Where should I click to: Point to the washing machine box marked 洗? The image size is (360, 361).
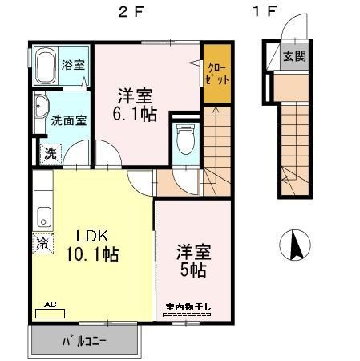tap(50, 152)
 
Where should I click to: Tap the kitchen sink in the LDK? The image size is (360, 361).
tap(44, 216)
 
